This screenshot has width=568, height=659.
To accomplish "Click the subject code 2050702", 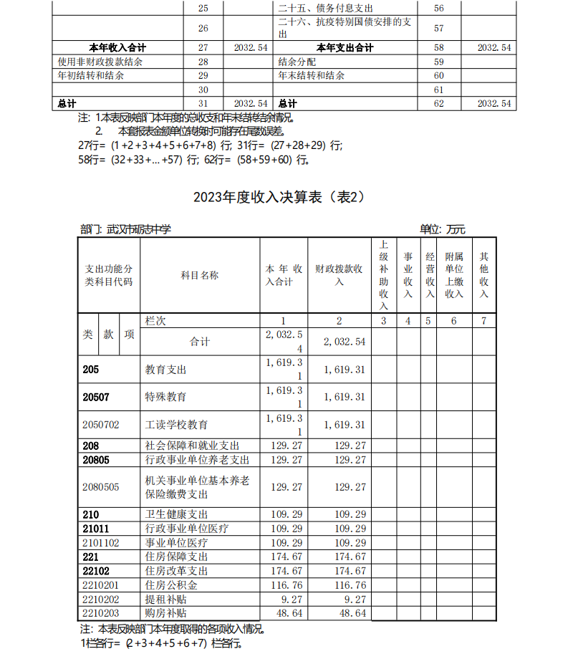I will point(101,425).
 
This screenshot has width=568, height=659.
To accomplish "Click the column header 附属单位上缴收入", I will point(454,275).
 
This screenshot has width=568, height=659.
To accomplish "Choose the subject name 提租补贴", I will point(160,599).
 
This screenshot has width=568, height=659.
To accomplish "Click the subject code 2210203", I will point(101,613).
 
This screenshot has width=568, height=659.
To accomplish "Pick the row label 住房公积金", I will point(166,585).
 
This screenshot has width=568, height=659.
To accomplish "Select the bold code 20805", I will point(96,460).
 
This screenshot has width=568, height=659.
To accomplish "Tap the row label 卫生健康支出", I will point(176,514).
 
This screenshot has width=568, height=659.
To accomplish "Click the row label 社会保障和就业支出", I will point(192,446).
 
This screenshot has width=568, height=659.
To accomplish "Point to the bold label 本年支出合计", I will point(345,48).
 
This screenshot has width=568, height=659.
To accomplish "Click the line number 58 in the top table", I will point(439,48).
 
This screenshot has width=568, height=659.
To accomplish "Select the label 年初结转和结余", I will point(91,75).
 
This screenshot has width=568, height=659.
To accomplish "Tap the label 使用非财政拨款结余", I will point(100,62).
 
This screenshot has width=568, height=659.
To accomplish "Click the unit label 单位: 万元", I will point(442,229).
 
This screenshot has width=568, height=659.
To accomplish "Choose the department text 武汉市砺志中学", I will point(139,229).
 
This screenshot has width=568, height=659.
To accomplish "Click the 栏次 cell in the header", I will point(155,321).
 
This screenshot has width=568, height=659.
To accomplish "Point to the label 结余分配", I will point(297,62).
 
